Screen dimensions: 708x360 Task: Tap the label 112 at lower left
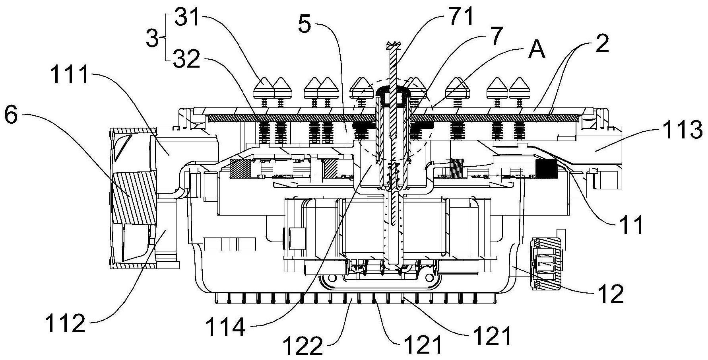[x=65, y=323]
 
